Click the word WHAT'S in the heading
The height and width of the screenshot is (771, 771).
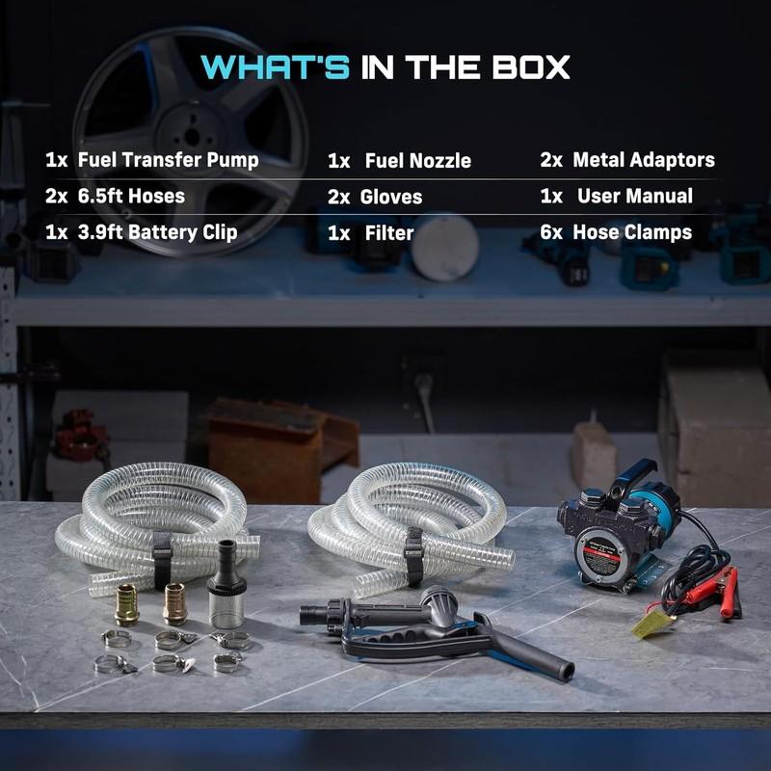tap(276, 66)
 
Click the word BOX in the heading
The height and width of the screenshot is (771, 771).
tap(531, 66)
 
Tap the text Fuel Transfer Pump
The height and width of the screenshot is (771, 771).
tap(168, 160)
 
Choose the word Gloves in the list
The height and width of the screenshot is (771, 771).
tap(391, 197)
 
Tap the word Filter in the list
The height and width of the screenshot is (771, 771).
tap(389, 232)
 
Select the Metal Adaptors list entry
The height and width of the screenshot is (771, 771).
tap(644, 159)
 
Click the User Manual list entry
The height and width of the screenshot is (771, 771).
tap(635, 196)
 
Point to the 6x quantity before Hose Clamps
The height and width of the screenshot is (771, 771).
tap(551, 232)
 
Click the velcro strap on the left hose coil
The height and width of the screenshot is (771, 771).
tap(162, 561)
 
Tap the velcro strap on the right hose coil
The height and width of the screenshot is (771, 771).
tap(413, 557)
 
